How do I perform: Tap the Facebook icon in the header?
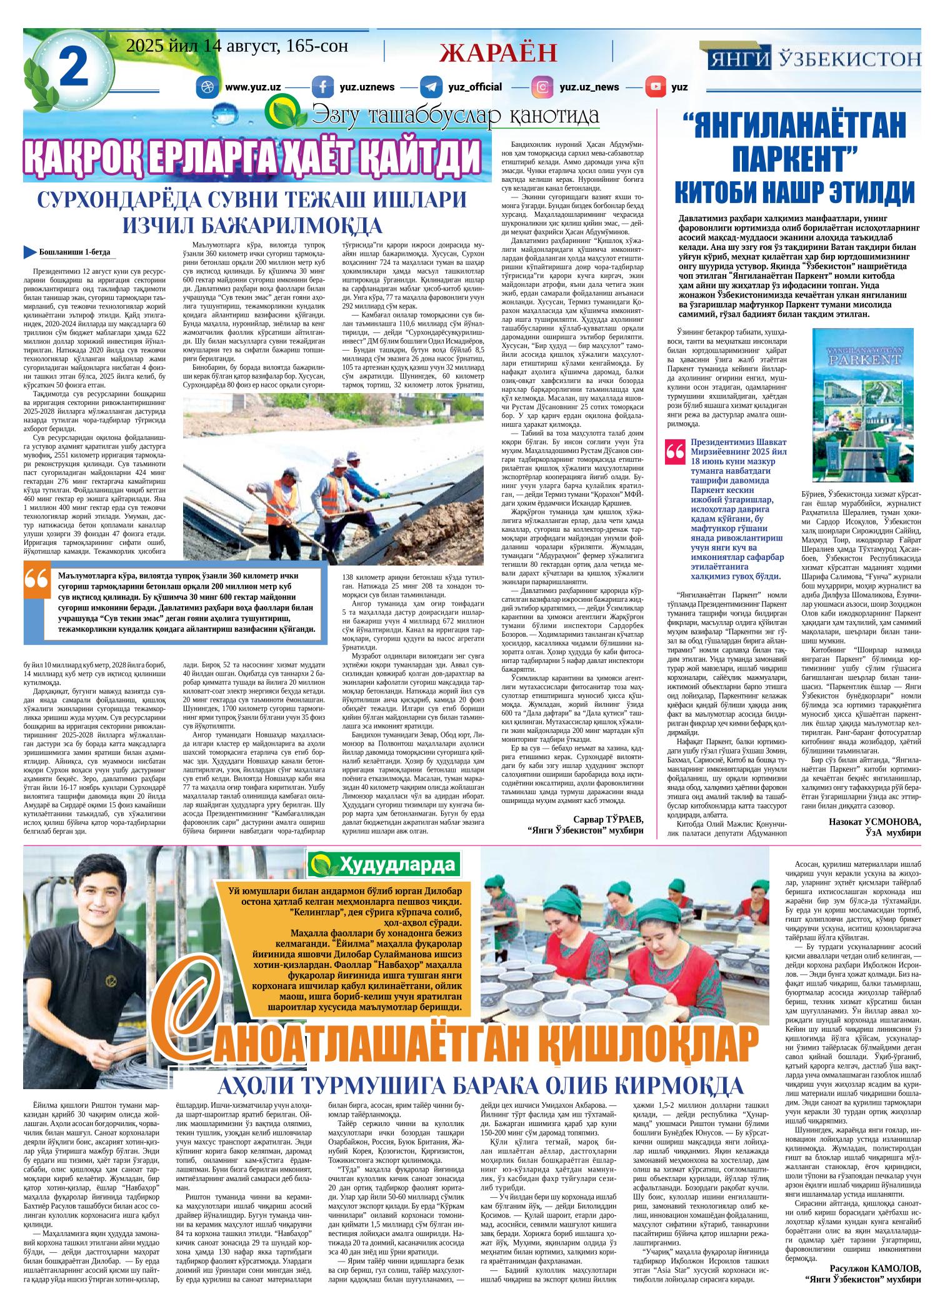click(x=322, y=87)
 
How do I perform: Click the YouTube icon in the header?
click(x=656, y=87)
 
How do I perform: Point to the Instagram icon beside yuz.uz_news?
click(x=542, y=87)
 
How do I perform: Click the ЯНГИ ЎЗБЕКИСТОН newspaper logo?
click(x=814, y=59)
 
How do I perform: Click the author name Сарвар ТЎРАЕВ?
click(x=608, y=819)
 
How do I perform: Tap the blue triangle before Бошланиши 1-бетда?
click(x=29, y=252)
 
